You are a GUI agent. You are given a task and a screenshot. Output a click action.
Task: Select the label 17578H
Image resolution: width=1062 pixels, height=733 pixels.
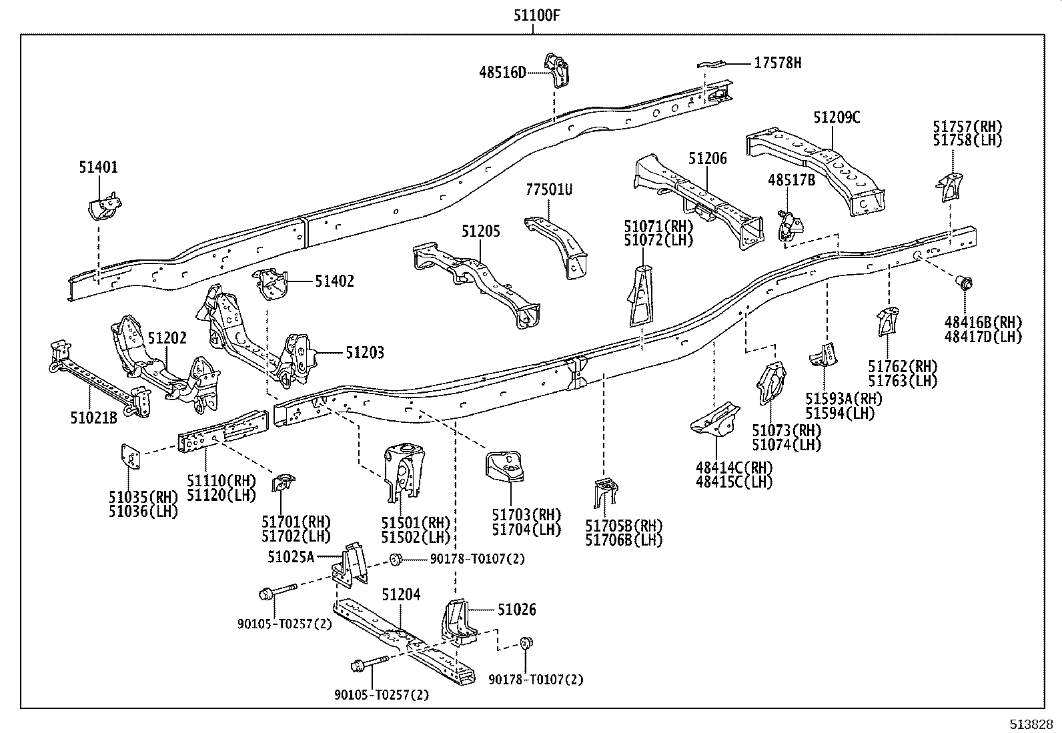(777, 63)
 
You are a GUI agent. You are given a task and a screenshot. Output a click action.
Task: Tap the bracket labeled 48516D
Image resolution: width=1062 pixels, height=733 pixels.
(557, 69)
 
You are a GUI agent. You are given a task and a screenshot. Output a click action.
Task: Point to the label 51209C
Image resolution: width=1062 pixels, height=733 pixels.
(836, 118)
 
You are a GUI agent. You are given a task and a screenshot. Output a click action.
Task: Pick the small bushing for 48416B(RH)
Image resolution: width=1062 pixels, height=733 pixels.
(965, 283)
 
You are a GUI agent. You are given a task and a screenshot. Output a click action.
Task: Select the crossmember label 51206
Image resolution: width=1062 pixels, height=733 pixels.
(708, 159)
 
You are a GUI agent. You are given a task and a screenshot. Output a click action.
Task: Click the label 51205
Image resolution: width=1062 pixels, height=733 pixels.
(480, 231)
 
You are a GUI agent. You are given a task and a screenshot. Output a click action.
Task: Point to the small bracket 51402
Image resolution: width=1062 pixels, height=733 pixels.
(272, 283)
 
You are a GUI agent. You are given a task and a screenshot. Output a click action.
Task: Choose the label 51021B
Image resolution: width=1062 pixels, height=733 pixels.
(93, 418)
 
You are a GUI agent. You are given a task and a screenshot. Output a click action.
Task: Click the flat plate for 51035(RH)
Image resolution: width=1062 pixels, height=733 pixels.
(130, 457)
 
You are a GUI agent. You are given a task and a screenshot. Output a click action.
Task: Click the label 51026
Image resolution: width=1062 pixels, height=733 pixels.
(516, 610)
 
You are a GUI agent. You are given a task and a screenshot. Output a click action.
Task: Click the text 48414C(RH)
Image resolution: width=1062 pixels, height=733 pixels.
(734, 468)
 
